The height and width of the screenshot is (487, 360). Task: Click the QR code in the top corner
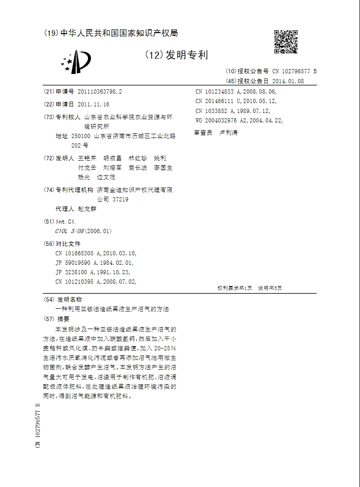click(286, 42)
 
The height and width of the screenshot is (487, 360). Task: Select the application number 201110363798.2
click(100, 92)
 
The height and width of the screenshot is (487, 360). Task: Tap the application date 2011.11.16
click(93, 104)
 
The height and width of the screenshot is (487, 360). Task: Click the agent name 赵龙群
click(87, 209)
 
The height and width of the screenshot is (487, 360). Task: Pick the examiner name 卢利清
click(228, 133)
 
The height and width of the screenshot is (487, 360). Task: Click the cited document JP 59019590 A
click(77, 263)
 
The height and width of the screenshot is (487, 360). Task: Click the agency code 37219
click(120, 199)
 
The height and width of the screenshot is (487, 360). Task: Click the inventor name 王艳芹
click(87, 158)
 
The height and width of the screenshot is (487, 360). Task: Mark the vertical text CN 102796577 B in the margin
click(38, 426)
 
